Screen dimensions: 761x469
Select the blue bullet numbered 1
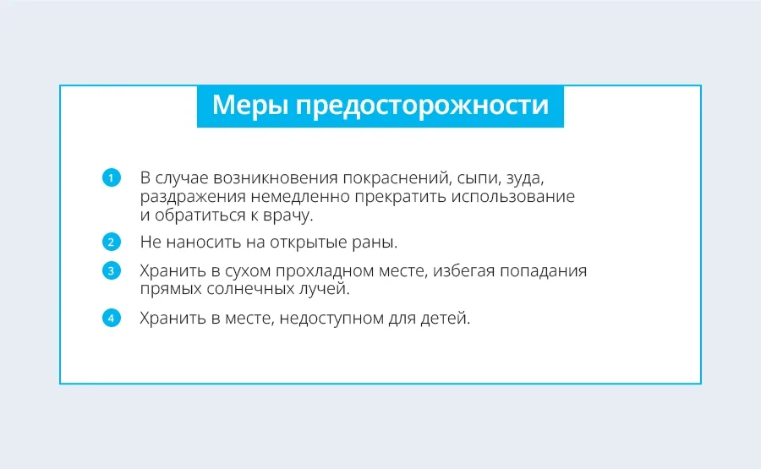111,177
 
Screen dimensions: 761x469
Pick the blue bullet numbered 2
111,242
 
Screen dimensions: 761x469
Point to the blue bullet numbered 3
111,270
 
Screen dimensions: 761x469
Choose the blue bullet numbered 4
111,319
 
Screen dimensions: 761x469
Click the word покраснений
397,178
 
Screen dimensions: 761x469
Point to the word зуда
525,179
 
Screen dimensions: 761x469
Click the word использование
513,197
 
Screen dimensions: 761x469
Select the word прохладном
325,271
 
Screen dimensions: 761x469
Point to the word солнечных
248,289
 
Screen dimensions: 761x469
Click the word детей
445,319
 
